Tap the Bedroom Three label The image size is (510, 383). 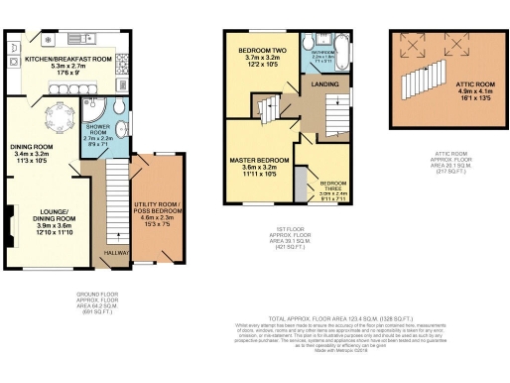coord(332,190)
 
